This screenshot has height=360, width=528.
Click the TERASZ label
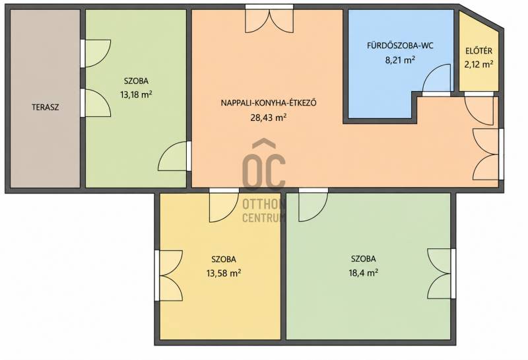coord(46,107)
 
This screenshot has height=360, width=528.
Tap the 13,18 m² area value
coord(136,94)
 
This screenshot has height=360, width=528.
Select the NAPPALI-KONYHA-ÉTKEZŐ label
coord(269,103)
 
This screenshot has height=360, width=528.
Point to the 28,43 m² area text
coord(269,118)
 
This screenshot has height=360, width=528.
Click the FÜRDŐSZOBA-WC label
coord(400,46)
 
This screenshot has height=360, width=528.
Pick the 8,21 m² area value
coord(400,60)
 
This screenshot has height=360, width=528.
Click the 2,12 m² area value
coord(479,64)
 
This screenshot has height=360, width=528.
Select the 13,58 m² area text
coord(224,273)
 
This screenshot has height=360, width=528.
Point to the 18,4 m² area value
coord(364,273)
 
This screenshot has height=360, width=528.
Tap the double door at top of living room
coord(269,21)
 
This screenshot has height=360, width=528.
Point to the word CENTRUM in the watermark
coord(265,218)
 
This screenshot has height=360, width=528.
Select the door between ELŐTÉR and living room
coord(479,110)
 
